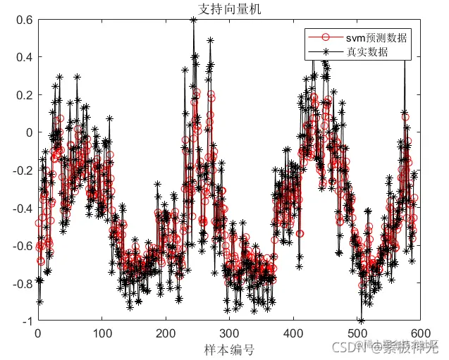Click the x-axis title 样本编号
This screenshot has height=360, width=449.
229,349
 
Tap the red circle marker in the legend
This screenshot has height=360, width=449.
325,37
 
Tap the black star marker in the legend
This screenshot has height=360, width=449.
325,52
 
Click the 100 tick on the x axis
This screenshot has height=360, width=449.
102,333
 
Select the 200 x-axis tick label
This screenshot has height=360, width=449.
166,333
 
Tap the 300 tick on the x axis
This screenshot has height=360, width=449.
229,333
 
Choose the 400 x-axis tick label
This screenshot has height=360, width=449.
293,333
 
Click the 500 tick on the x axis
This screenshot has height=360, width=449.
357,333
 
